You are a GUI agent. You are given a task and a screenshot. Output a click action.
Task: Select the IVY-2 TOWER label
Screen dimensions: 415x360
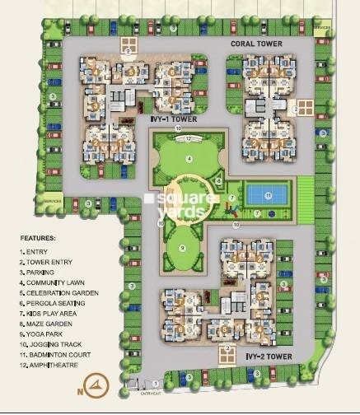tap(269, 357)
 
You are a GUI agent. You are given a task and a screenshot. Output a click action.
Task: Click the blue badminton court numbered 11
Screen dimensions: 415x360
tap(269, 195)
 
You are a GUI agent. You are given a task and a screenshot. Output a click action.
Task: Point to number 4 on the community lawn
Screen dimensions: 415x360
tap(189, 158)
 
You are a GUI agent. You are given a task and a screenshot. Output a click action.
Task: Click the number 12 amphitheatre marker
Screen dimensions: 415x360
tap(189, 138)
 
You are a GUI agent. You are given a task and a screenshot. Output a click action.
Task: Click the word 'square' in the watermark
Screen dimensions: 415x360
tap(184, 199)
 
